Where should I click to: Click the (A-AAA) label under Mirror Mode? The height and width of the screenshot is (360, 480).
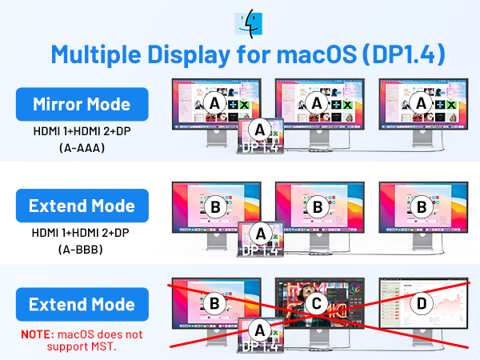click(82, 148)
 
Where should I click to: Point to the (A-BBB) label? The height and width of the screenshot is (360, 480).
click(82, 249)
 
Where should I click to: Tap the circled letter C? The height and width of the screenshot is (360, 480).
click(317, 304)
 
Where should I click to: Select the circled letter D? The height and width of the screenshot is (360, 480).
click(421, 304)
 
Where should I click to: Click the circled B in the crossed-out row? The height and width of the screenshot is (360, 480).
click(214, 304)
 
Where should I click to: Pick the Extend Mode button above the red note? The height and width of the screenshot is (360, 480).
click(82, 305)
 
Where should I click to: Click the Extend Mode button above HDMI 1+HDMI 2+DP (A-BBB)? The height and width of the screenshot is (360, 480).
click(82, 206)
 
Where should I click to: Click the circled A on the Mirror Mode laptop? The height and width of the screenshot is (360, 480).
click(258, 129)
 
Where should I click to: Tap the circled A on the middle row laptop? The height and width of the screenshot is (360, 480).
click(258, 232)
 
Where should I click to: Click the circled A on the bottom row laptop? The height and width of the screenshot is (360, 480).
click(258, 329)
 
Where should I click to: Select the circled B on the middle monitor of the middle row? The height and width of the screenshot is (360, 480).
click(317, 207)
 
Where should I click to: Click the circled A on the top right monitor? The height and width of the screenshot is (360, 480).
click(421, 104)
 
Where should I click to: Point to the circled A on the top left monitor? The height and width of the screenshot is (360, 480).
click(214, 104)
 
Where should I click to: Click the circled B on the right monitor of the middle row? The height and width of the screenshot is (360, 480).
click(421, 207)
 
